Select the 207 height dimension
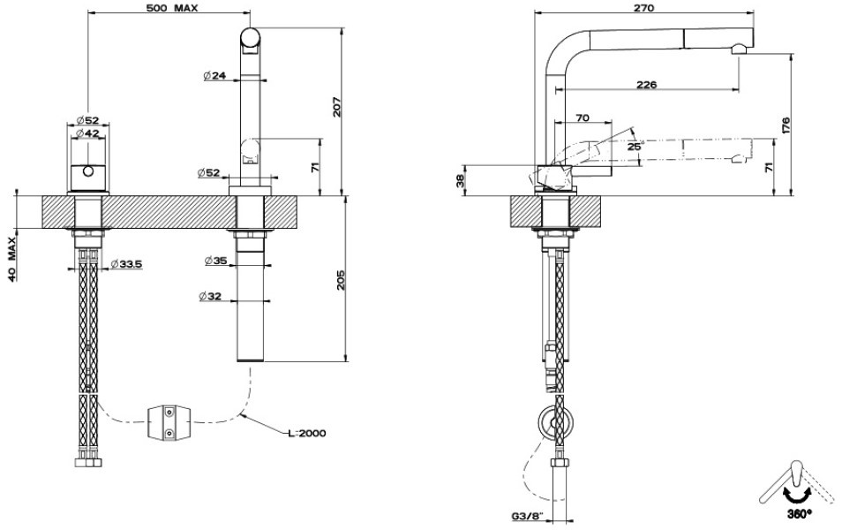[337, 107]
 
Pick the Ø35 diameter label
[215, 261]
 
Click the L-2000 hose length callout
[307, 433]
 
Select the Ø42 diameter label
[87, 133]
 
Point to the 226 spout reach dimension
[647, 85]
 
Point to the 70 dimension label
[582, 117]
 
